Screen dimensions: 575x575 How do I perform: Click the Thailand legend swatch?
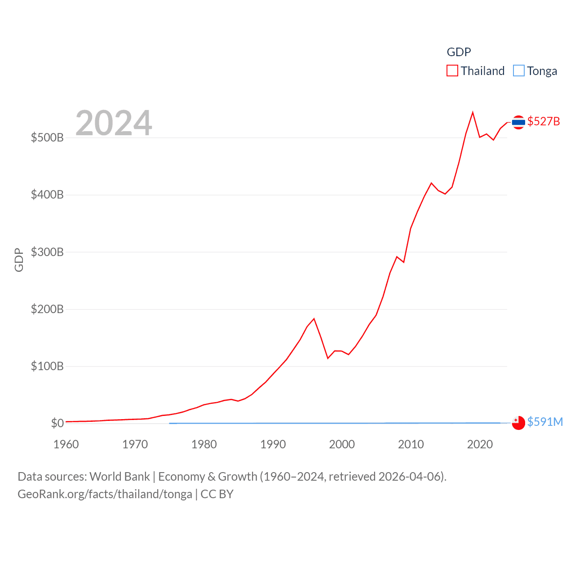[452, 71]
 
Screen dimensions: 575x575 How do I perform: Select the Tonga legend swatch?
[518, 71]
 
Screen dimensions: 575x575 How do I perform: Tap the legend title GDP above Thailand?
[459, 52]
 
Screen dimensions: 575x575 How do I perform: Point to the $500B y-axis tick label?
[47, 137]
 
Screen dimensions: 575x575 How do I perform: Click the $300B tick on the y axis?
[47, 252]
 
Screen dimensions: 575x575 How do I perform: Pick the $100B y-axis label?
[47, 366]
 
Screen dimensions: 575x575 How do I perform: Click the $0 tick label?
[57, 423]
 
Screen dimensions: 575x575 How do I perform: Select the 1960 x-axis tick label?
[66, 444]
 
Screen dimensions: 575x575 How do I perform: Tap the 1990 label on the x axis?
[273, 444]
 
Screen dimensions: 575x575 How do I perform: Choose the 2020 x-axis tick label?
[480, 444]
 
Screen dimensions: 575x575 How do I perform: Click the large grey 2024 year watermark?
[114, 123]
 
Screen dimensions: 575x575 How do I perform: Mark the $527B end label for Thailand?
[544, 121]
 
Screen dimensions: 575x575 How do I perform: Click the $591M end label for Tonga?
[545, 422]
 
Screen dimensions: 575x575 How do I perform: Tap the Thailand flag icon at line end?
[518, 122]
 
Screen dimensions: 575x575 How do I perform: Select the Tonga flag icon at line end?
[518, 423]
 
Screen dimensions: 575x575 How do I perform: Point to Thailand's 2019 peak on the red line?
[473, 112]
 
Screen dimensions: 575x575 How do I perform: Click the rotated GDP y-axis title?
[19, 260]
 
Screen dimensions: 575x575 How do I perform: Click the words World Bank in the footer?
[120, 477]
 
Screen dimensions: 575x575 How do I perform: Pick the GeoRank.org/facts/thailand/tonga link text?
[105, 494]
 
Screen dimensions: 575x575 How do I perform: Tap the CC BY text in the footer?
[217, 494]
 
